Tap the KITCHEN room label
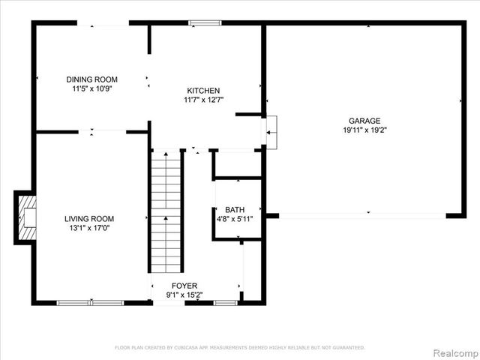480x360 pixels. point(203,90)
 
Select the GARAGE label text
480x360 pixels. point(364,121)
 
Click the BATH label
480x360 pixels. point(235,210)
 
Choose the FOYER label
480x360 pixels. point(184,286)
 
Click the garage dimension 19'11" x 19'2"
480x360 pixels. point(364,130)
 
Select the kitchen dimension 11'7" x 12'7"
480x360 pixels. point(203,99)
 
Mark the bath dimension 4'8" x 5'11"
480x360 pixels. point(235,219)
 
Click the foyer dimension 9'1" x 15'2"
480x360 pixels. point(184,295)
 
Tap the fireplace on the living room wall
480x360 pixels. point(25,217)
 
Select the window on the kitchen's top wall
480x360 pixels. point(205,23)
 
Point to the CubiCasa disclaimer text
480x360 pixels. point(239,347)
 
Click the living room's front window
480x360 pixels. point(90,302)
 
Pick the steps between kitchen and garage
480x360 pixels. point(271,130)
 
